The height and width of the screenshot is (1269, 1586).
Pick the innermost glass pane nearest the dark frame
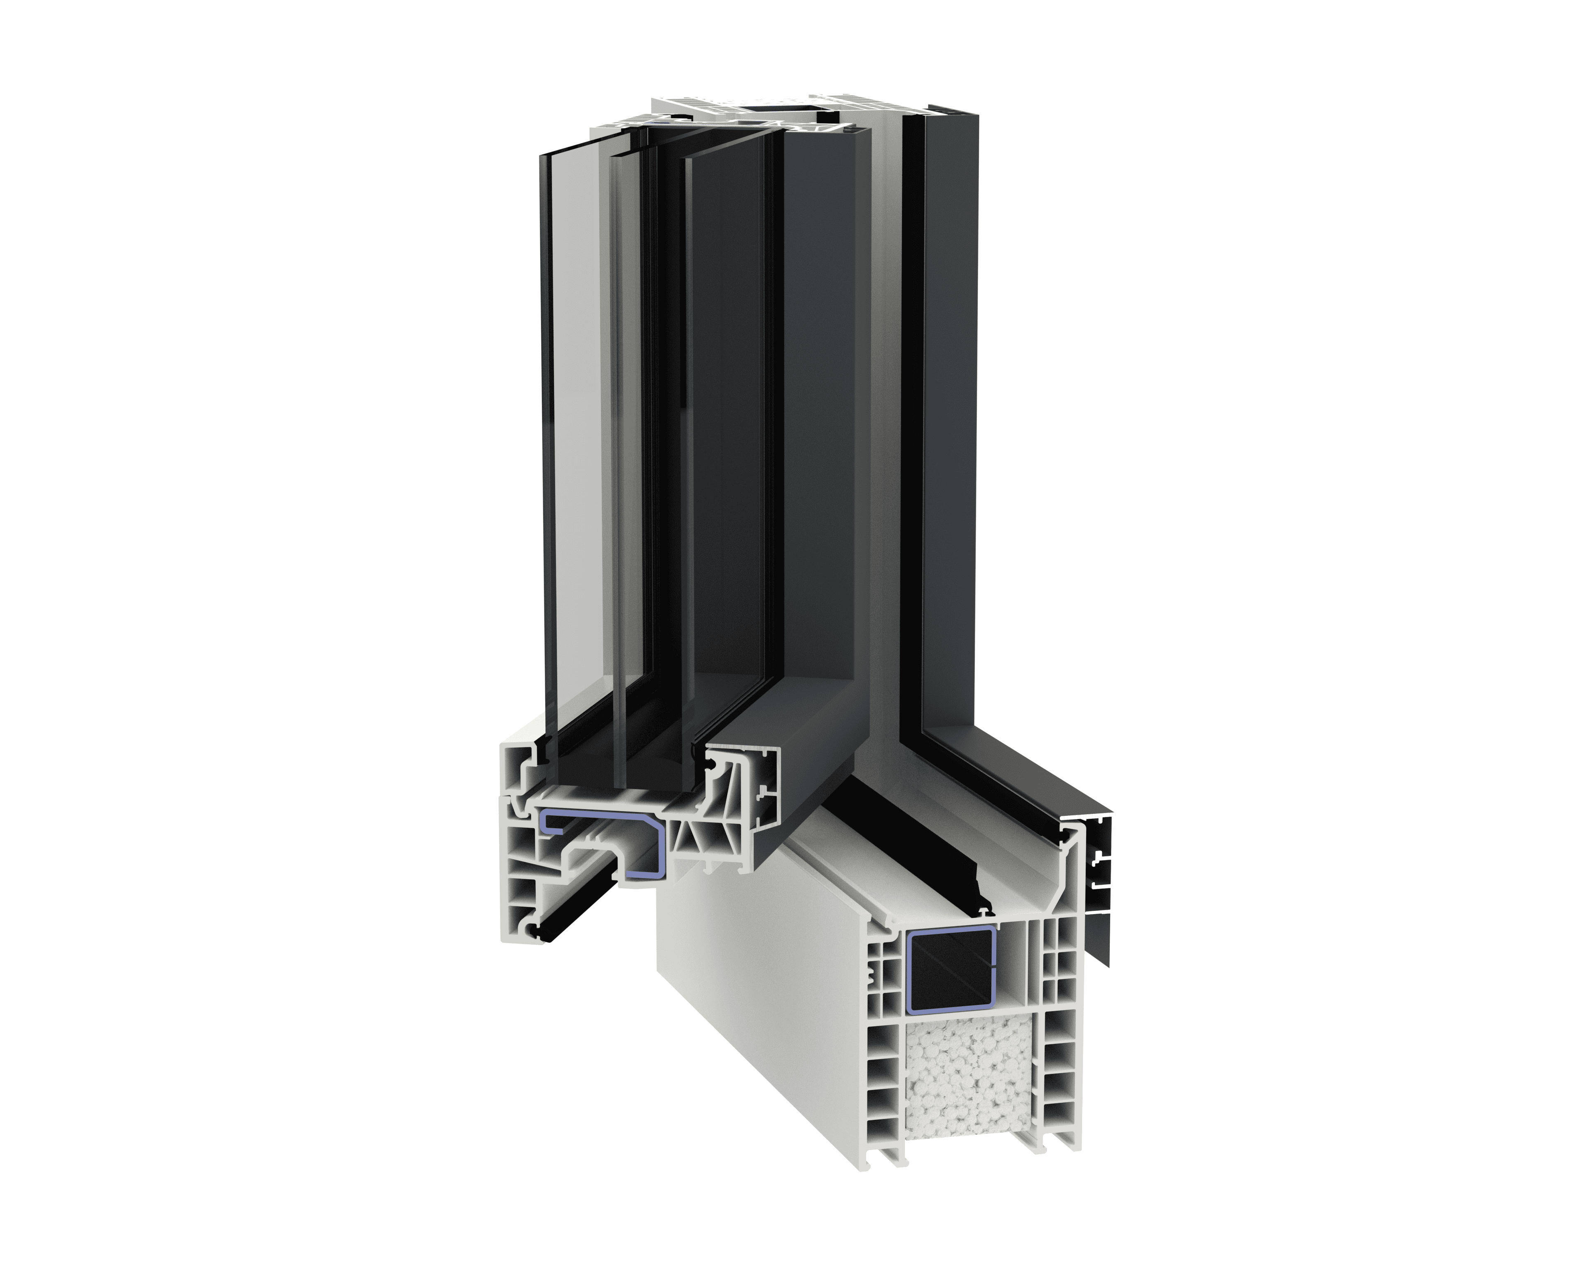click(728, 442)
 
